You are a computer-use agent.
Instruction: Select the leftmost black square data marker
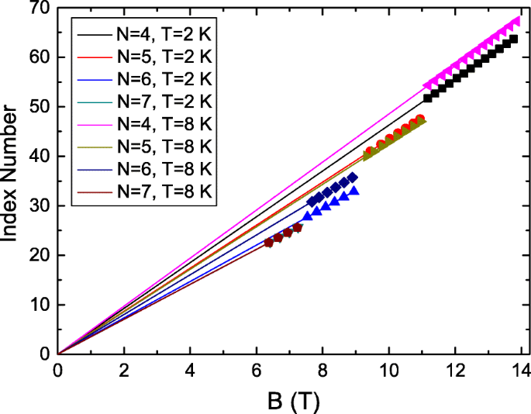coord(427,98)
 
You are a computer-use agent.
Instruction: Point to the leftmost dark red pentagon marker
coord(269,243)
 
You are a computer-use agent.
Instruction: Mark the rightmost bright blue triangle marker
coord(354,190)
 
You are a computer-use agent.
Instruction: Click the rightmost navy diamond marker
coord(353,178)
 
